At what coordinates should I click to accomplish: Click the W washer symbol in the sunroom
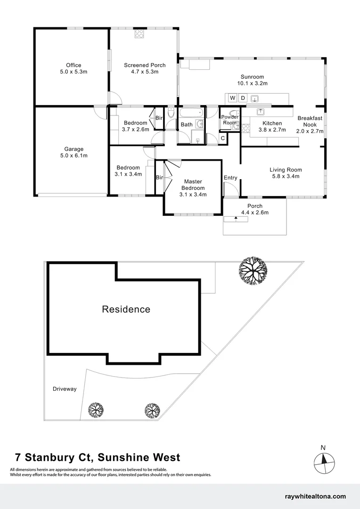(232, 98)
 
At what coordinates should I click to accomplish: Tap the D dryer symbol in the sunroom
(243, 98)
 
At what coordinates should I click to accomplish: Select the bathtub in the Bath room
(191, 113)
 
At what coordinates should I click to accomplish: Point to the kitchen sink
(261, 112)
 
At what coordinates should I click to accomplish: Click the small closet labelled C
(223, 138)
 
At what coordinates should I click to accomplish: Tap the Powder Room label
(230, 120)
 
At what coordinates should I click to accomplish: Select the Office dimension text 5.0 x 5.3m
(74, 72)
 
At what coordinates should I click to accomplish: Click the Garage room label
(74, 149)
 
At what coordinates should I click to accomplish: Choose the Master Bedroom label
(193, 185)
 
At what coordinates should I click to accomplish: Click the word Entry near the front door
(230, 178)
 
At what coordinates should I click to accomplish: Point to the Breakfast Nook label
(310, 122)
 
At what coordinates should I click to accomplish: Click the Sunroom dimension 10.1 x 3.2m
(252, 83)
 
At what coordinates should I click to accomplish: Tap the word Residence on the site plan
(126, 310)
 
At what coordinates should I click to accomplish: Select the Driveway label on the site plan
(65, 389)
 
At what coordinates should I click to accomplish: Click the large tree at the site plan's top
(253, 271)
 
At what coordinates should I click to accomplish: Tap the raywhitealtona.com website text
(315, 496)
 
